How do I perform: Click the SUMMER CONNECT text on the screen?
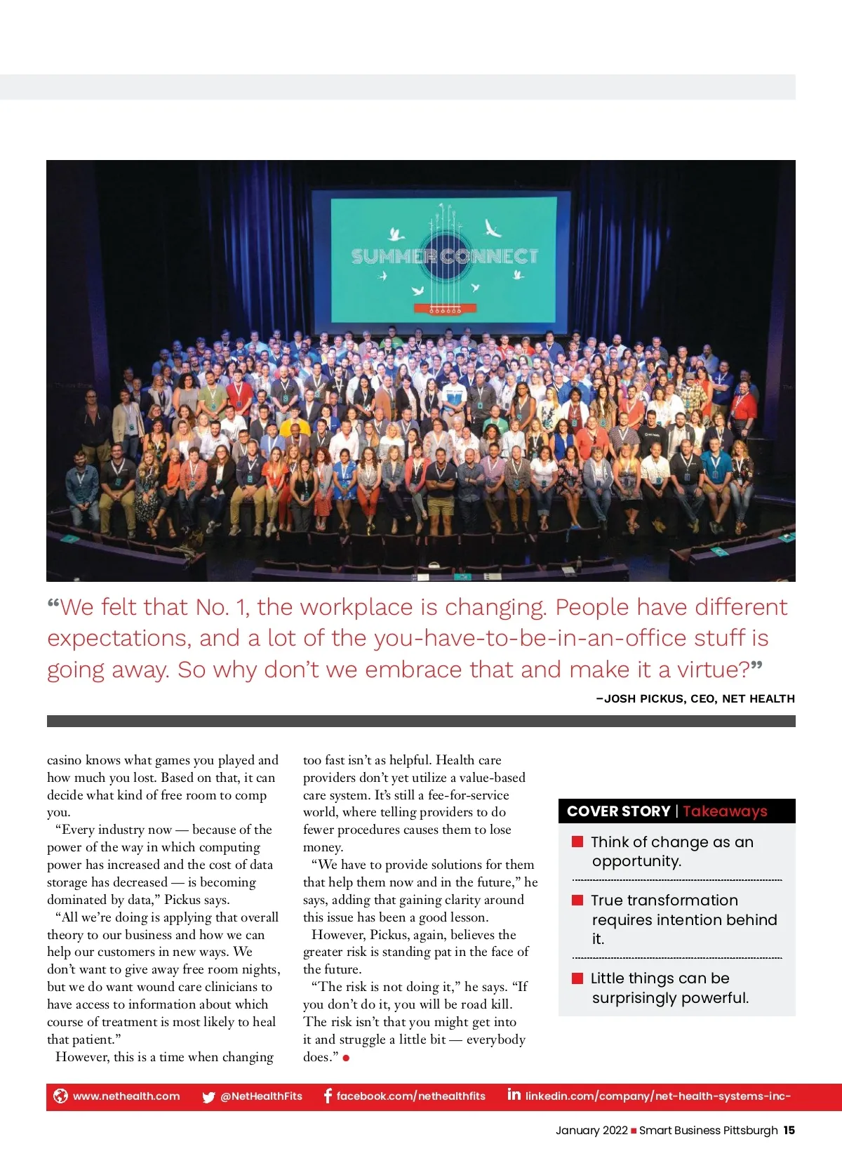(x=445, y=257)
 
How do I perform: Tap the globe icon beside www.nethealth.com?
(x=61, y=1096)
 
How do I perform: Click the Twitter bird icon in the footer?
(x=208, y=1097)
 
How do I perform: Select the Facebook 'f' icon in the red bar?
(x=328, y=1096)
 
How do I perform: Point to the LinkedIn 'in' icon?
(x=514, y=1094)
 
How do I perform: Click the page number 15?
(x=789, y=1130)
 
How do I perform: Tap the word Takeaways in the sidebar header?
(x=725, y=811)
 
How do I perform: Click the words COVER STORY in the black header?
(x=618, y=811)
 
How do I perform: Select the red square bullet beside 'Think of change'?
(x=578, y=842)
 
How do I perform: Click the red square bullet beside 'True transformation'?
(x=578, y=900)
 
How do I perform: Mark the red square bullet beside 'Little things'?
(x=578, y=978)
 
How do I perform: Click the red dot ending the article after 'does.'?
(x=347, y=1058)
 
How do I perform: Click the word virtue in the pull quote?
(x=713, y=670)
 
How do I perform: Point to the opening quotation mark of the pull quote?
(x=53, y=605)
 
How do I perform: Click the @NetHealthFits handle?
(x=261, y=1096)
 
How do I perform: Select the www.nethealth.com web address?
(x=126, y=1096)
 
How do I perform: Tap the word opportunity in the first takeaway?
(x=636, y=861)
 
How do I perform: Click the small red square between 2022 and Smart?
(x=634, y=1131)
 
